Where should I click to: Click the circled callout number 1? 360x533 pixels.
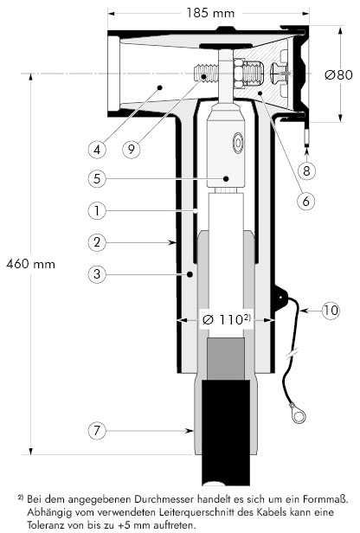coord(97,211)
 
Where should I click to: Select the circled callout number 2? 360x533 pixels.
coord(97,242)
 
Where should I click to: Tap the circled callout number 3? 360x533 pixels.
coord(97,273)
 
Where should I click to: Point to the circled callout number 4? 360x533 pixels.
coord(97,149)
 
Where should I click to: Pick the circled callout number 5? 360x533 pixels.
coord(97,178)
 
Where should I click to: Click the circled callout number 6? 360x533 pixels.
coord(306,202)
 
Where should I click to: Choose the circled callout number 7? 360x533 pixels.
coord(97,431)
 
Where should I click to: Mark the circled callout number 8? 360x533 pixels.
coord(306,170)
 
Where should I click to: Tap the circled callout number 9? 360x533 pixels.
coord(132,149)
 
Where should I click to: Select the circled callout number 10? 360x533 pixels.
coord(331,310)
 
